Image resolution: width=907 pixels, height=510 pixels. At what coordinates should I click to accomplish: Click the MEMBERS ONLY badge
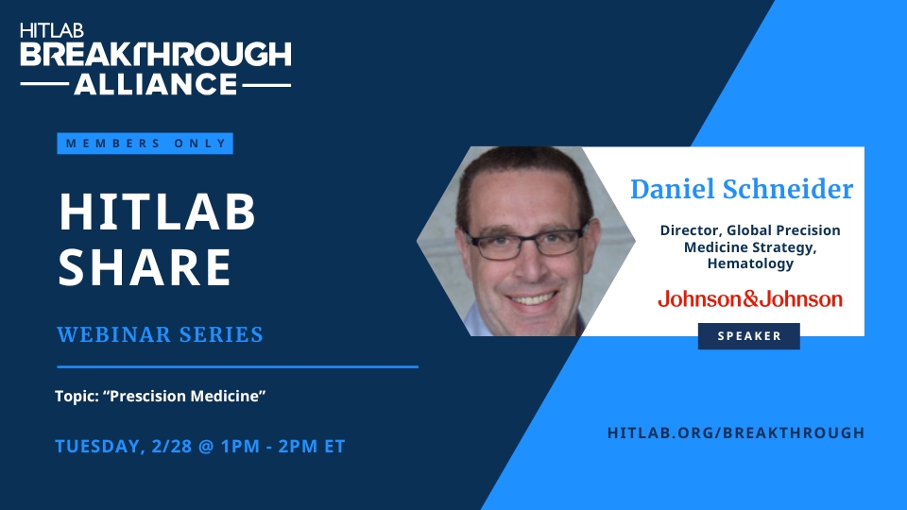pyautogui.click(x=145, y=144)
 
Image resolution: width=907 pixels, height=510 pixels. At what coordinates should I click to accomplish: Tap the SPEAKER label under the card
pyautogui.click(x=749, y=336)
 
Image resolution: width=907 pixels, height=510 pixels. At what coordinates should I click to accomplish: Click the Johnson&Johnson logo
pyautogui.click(x=750, y=299)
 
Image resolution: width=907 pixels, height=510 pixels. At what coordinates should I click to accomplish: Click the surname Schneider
pyautogui.click(x=788, y=189)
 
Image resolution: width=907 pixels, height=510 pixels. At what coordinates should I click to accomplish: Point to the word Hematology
pyautogui.click(x=750, y=264)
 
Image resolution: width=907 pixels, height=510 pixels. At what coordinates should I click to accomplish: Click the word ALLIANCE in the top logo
pyautogui.click(x=156, y=84)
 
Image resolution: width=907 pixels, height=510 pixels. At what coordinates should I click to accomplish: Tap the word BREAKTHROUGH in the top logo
pyautogui.click(x=156, y=55)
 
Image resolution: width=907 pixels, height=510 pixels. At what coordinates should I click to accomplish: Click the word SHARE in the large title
pyautogui.click(x=145, y=266)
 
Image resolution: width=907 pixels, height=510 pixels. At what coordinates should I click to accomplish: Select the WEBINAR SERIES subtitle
pyautogui.click(x=161, y=334)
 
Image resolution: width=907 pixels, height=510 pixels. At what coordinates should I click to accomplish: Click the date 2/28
pyautogui.click(x=172, y=447)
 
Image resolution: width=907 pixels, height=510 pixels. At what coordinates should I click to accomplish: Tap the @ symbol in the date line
pyautogui.click(x=207, y=447)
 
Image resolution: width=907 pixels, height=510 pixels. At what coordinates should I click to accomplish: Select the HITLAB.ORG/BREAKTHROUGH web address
pyautogui.click(x=736, y=433)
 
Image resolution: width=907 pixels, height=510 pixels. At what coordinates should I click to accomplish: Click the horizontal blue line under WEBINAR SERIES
pyautogui.click(x=237, y=366)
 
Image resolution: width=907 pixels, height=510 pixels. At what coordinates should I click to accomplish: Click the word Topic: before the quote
pyautogui.click(x=77, y=396)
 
